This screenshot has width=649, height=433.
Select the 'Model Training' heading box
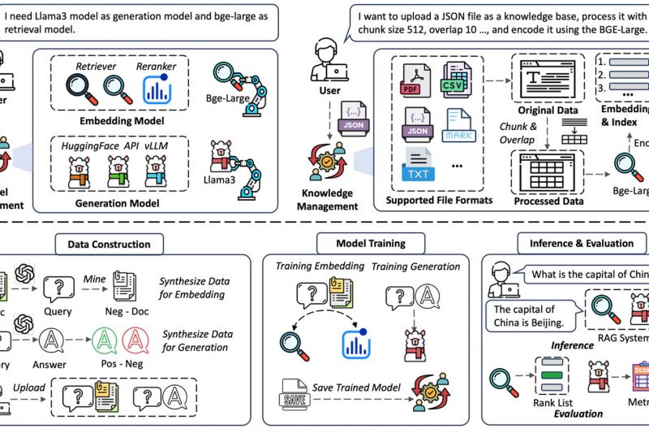tap(370, 244)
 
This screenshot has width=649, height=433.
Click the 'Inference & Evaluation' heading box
tap(581, 244)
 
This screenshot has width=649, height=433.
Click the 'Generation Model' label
tap(119, 203)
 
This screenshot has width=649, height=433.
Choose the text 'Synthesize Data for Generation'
tap(196, 340)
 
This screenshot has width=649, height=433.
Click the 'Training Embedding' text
tap(315, 266)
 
